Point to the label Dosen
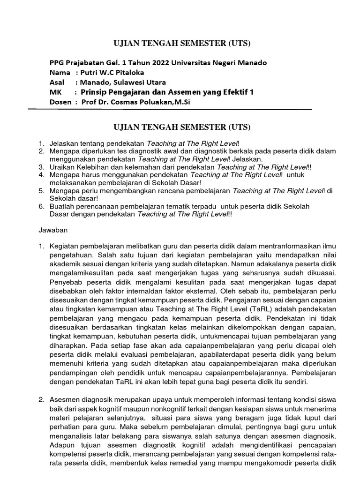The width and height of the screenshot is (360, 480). (60, 102)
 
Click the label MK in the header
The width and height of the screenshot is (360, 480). (55, 92)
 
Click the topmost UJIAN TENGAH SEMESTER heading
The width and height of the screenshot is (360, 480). (183, 44)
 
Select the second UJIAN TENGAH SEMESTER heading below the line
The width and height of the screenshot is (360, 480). (183, 127)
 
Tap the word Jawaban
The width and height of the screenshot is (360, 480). (53, 230)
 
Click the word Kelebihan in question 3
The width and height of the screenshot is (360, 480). (97, 166)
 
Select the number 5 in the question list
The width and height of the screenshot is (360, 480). (41, 191)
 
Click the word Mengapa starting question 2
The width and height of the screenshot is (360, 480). (65, 150)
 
